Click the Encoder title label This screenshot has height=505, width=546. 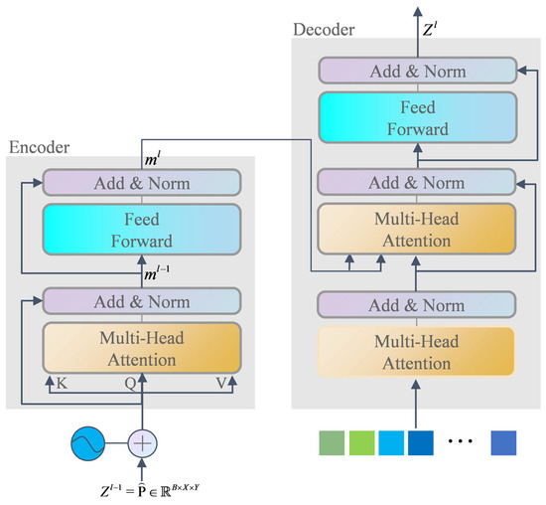[x=41, y=147]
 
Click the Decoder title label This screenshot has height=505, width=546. [x=325, y=31]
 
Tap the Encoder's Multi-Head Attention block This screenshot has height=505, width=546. [x=141, y=348]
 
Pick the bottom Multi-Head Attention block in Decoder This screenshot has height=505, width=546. [x=417, y=354]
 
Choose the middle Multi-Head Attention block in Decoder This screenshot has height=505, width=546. [x=417, y=229]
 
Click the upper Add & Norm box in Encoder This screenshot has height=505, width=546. [x=141, y=183]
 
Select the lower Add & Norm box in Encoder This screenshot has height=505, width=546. [x=141, y=301]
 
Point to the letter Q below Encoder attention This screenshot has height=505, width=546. [x=131, y=382]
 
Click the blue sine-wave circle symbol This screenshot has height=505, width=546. [x=89, y=441]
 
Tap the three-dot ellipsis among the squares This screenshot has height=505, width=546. [x=459, y=439]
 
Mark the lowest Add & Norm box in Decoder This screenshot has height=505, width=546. [x=417, y=303]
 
